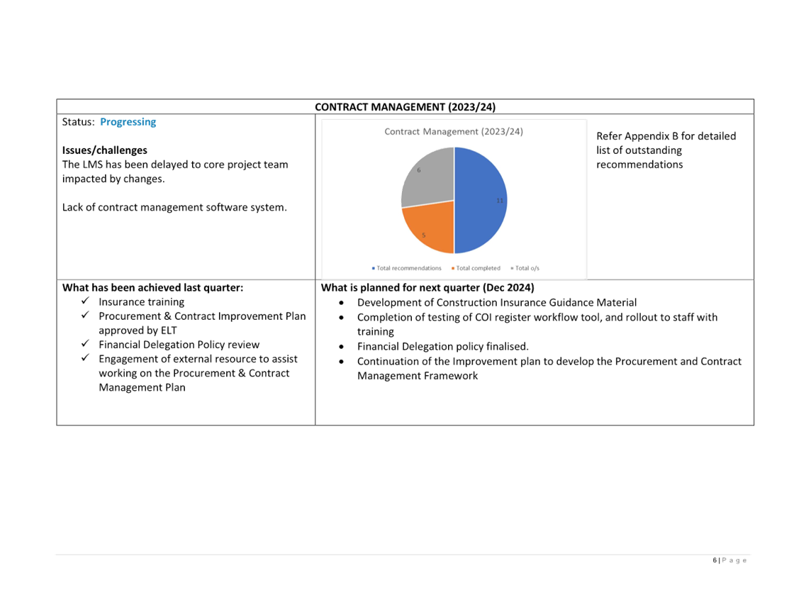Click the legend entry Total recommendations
click(x=407, y=268)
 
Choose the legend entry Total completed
click(x=476, y=268)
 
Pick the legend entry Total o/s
click(x=525, y=268)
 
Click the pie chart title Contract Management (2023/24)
click(x=454, y=132)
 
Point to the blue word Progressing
click(x=128, y=122)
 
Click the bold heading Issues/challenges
click(x=105, y=150)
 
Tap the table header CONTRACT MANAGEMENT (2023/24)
click(x=405, y=107)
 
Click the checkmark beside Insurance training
click(x=85, y=301)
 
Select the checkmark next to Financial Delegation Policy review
click(x=85, y=343)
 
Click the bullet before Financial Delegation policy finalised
click(x=341, y=347)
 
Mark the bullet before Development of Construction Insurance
click(x=341, y=303)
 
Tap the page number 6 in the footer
click(x=715, y=560)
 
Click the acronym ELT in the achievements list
click(x=169, y=330)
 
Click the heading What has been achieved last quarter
click(x=152, y=287)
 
